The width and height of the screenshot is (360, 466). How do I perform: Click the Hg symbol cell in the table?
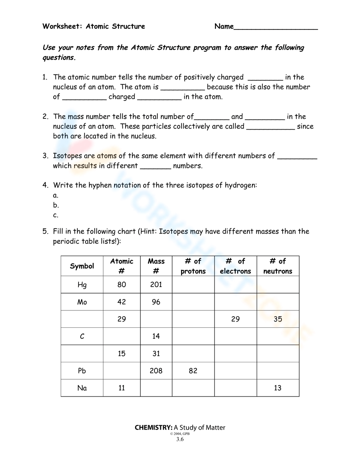click(82, 285)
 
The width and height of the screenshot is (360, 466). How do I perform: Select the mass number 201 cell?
click(156, 285)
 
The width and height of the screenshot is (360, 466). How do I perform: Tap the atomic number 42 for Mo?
click(122, 302)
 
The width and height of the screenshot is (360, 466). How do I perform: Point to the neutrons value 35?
click(278, 319)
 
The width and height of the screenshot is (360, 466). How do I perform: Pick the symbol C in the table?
click(82, 336)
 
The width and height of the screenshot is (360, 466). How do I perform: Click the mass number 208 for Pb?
click(156, 371)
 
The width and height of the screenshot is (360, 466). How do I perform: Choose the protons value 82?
click(193, 371)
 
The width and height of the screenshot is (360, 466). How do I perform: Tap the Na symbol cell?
click(82, 388)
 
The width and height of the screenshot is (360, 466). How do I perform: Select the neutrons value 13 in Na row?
click(278, 388)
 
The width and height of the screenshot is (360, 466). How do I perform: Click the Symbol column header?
click(82, 266)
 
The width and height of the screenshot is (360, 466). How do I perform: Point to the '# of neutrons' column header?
click(278, 266)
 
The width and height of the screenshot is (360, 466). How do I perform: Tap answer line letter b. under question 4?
click(56, 205)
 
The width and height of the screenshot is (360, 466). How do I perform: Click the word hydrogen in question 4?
click(240, 185)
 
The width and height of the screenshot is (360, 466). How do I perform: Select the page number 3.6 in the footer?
click(180, 439)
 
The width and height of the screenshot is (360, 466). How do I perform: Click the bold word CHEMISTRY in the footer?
click(153, 427)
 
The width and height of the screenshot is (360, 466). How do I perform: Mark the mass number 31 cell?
click(156, 354)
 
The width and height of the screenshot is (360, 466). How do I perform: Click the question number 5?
click(45, 232)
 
